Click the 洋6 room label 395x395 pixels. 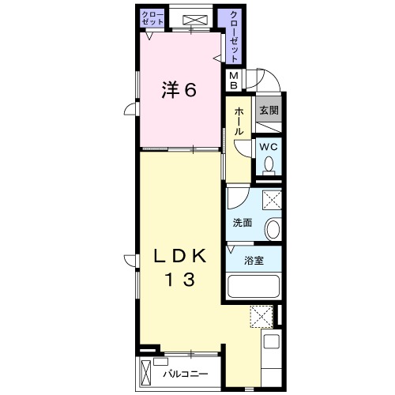point(179,89)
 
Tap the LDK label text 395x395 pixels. point(180,256)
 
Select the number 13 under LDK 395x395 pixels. point(180,280)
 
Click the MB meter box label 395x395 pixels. point(234,81)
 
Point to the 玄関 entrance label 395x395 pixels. point(269,110)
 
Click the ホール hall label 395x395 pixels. point(239,122)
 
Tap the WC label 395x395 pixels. point(269,147)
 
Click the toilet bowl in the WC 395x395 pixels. point(269,165)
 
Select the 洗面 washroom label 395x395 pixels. point(243,223)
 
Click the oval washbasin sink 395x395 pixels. point(273,229)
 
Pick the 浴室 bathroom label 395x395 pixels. point(254,261)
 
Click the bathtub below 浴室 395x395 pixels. point(254,286)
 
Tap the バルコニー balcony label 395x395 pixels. point(186,374)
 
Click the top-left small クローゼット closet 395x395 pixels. point(152,18)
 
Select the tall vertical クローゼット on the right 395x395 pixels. point(234,36)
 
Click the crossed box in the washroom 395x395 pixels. point(272,200)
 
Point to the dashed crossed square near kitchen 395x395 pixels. point(261,317)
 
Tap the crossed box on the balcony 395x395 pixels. point(145,373)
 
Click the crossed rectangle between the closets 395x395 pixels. point(195,20)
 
